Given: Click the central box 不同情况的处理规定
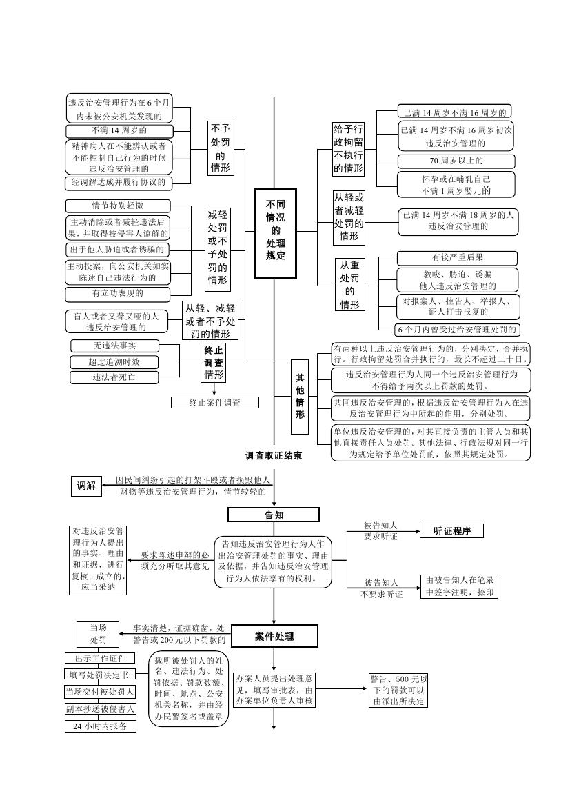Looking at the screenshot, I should click(275, 232).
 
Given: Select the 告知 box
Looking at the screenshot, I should click(274, 515).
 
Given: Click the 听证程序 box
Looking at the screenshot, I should click(451, 530).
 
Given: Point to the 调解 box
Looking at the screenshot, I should click(86, 486).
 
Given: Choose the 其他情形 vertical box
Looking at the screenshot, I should click(299, 397).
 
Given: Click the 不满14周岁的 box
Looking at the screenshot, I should click(119, 130).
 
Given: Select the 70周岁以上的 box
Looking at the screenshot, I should click(458, 161).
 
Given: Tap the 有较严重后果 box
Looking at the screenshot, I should click(458, 258).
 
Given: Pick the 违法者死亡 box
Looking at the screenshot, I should click(114, 377).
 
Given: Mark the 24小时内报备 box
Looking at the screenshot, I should click(101, 726).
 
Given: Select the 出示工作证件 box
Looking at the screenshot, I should click(101, 658).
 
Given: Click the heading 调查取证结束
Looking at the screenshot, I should click(273, 456).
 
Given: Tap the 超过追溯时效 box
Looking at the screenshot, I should click(114, 361).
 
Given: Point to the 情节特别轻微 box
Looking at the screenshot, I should click(118, 206).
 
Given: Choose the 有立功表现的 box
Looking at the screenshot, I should click(118, 294).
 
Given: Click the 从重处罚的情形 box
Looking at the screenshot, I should click(349, 284).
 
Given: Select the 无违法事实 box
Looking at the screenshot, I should click(114, 346).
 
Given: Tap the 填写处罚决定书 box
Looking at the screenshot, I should click(101, 675).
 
